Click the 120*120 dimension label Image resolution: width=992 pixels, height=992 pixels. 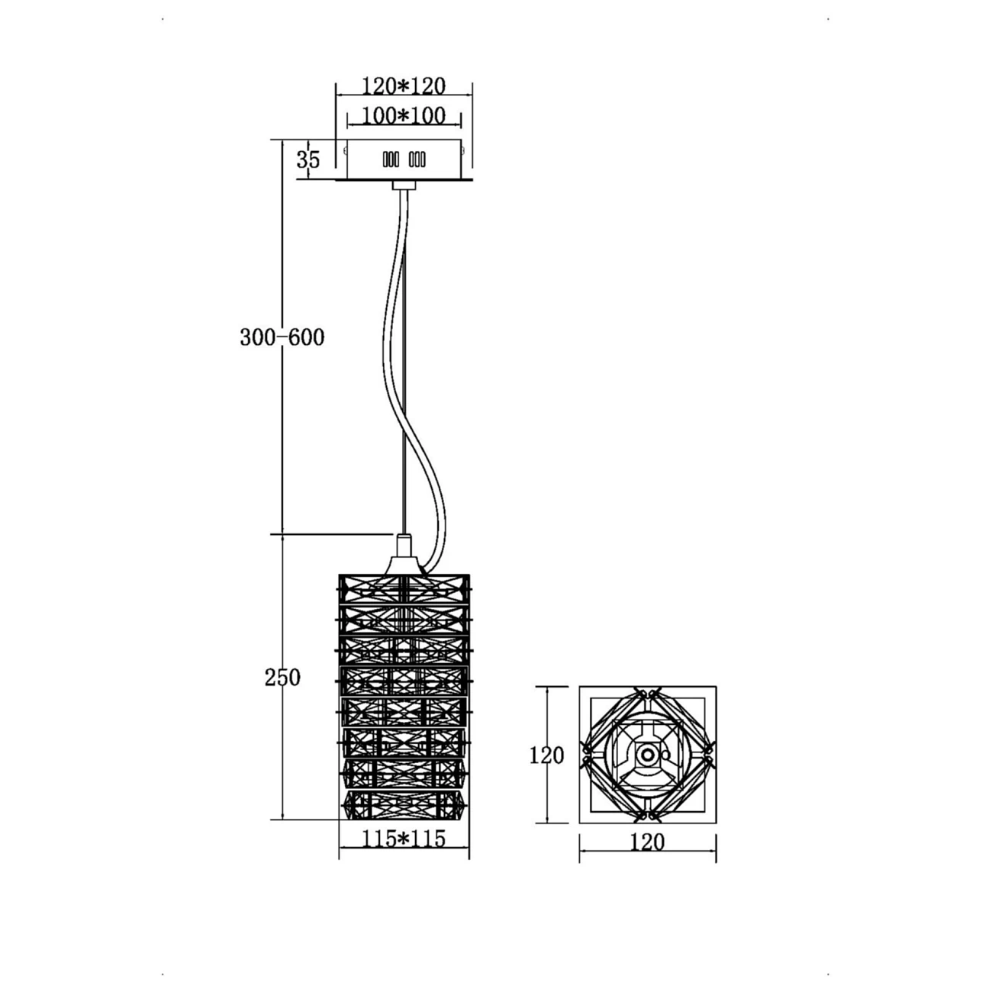[x=404, y=86]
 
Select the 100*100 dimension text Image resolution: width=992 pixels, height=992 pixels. [x=404, y=116]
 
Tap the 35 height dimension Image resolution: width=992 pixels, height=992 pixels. [x=308, y=159]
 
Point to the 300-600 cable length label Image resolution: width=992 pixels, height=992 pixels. [x=282, y=337]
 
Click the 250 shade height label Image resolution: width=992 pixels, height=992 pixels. [x=282, y=678]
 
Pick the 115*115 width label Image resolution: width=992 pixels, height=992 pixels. [x=404, y=839]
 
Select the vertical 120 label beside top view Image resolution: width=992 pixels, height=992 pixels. [x=546, y=755]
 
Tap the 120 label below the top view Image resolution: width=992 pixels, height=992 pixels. [x=647, y=842]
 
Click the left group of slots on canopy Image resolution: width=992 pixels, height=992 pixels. [x=391, y=159]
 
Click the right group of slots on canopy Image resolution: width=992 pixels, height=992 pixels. [x=417, y=159]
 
